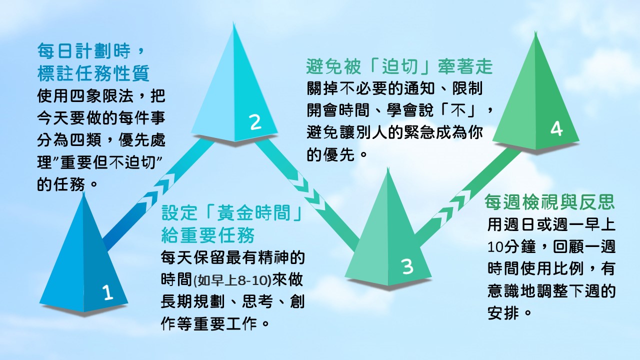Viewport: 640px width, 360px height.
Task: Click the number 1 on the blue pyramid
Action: pyautogui.click(x=107, y=292)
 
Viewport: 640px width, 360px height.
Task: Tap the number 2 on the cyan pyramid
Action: pyautogui.click(x=255, y=122)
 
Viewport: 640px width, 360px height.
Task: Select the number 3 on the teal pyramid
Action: pyautogui.click(x=407, y=266)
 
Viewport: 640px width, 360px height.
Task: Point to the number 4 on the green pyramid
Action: pyautogui.click(x=556, y=129)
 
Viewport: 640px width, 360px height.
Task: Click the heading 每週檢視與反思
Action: pyautogui.click(x=549, y=202)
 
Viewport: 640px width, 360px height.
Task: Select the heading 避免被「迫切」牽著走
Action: pyautogui.click(x=399, y=66)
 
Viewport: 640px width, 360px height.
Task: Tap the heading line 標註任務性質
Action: pyautogui.click(x=93, y=73)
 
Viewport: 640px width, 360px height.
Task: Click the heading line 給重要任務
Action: pyautogui.click(x=207, y=235)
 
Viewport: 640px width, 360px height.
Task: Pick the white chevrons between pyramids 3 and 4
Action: pyautogui.click(x=455, y=207)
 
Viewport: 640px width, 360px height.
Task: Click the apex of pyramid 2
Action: pyautogui.click(x=233, y=22)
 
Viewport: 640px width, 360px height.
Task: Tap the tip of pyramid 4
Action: pyautogui.click(x=535, y=31)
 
